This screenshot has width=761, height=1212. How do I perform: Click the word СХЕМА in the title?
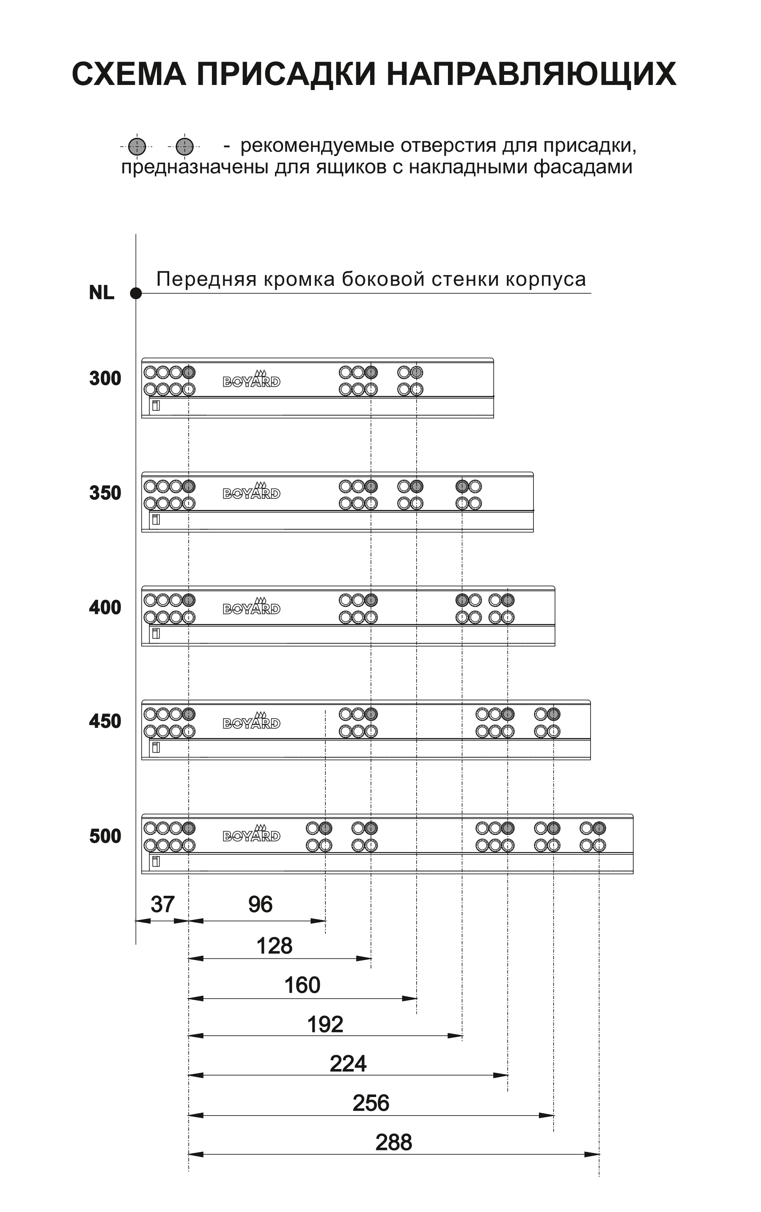(x=129, y=74)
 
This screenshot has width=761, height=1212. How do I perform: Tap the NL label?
(x=102, y=293)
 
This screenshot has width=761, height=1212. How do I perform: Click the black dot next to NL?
(x=136, y=293)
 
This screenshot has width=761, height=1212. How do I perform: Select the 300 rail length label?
(x=105, y=378)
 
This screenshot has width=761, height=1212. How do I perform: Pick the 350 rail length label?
(x=105, y=493)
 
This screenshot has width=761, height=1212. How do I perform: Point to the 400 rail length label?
(x=105, y=607)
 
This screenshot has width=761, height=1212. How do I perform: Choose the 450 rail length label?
(x=105, y=721)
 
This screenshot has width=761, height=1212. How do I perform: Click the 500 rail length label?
(x=105, y=836)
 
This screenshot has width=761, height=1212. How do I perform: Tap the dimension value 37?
(x=162, y=905)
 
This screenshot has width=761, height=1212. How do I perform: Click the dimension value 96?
(x=260, y=905)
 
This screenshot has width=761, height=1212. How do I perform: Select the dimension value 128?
(x=274, y=946)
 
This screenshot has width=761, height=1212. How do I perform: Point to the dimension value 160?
(x=302, y=985)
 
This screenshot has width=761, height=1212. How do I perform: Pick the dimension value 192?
(x=325, y=1024)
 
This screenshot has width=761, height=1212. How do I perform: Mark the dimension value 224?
(x=348, y=1064)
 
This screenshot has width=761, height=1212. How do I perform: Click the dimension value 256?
(x=371, y=1103)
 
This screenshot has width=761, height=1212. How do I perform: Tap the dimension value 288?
(x=393, y=1142)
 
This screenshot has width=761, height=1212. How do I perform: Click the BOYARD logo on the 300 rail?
(x=252, y=379)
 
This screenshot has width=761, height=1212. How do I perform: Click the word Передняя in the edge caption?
(x=207, y=279)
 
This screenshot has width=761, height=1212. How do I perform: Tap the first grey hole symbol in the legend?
(x=137, y=147)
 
